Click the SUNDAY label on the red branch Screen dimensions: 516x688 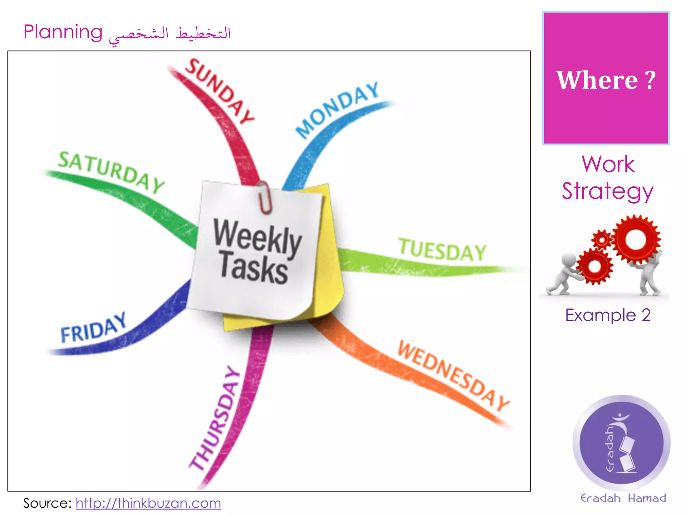pyautogui.click(x=219, y=91)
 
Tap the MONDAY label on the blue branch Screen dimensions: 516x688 pyautogui.click(x=337, y=110)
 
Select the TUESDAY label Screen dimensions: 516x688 pyautogui.click(x=442, y=250)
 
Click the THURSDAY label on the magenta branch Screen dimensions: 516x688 pyautogui.click(x=215, y=418)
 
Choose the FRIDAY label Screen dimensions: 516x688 pyautogui.click(x=93, y=328)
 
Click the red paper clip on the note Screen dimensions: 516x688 pyautogui.click(x=264, y=198)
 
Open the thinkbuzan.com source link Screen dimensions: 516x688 pyautogui.click(x=148, y=503)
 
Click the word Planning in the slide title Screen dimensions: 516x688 pyautogui.click(x=63, y=33)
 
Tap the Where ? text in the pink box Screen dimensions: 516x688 pyautogui.click(x=606, y=80)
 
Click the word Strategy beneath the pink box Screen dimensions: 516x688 pyautogui.click(x=607, y=191)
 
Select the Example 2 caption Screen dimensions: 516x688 pyautogui.click(x=608, y=315)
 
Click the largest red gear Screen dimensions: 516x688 pyautogui.click(x=636, y=239)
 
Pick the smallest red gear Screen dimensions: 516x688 pyautogui.click(x=602, y=240)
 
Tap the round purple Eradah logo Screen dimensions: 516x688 pyautogui.click(x=621, y=443)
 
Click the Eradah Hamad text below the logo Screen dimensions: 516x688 pyautogui.click(x=623, y=498)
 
